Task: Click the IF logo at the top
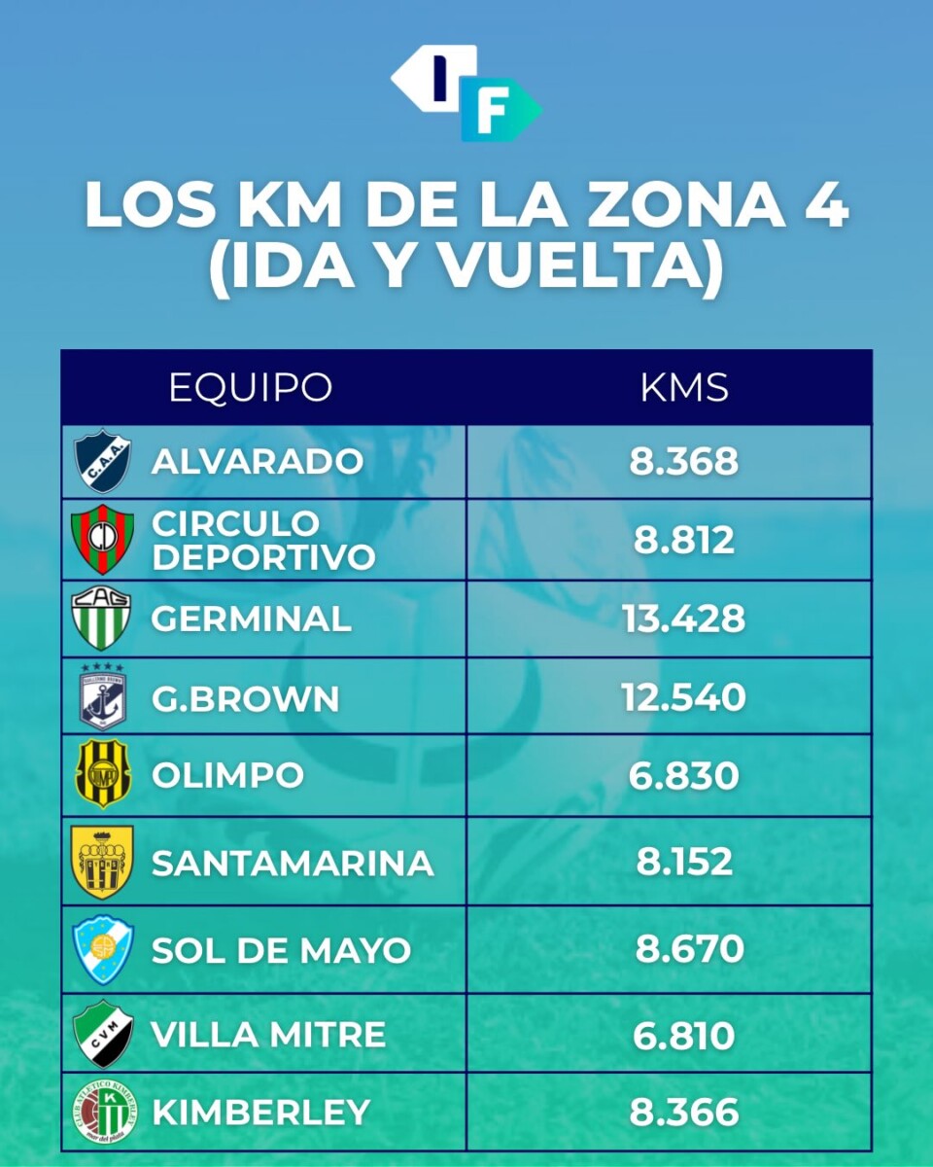466,92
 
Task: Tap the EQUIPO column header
251,387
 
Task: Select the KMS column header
684,387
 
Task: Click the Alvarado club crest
102,461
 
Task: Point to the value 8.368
683,462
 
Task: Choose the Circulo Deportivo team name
263,540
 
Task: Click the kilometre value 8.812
683,540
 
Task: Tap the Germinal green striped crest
101,619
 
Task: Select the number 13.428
683,619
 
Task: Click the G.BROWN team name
246,698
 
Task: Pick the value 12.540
683,697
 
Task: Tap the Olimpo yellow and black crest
102,774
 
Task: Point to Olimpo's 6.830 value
683,775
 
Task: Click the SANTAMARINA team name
293,863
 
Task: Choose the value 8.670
690,949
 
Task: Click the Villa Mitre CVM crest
102,1034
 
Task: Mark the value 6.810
683,1035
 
